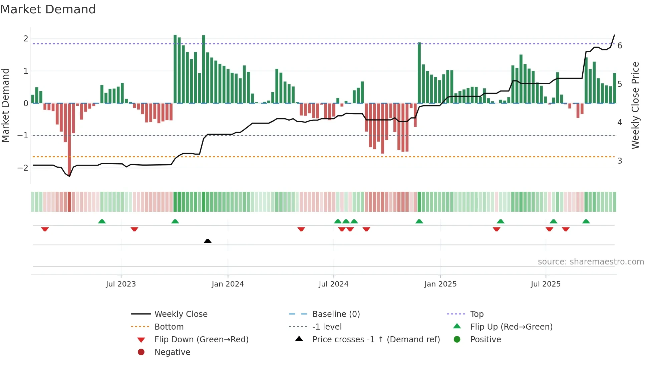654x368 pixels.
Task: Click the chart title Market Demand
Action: (48, 9)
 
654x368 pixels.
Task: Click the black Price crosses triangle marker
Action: (208, 241)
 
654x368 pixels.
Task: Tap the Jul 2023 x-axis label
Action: (121, 284)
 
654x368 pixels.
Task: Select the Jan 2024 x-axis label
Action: (228, 284)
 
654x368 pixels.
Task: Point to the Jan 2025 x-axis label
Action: (440, 284)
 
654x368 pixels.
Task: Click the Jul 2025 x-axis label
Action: (546, 284)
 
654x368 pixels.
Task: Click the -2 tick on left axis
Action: (23, 168)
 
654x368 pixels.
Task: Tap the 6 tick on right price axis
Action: (620, 46)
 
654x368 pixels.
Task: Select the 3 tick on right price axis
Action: (620, 161)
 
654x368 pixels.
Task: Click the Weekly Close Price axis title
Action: (635, 105)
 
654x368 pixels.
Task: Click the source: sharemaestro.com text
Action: (591, 262)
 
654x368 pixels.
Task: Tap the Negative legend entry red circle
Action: (141, 352)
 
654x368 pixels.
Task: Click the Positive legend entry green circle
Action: (457, 339)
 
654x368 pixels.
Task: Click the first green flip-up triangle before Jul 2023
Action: (102, 221)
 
